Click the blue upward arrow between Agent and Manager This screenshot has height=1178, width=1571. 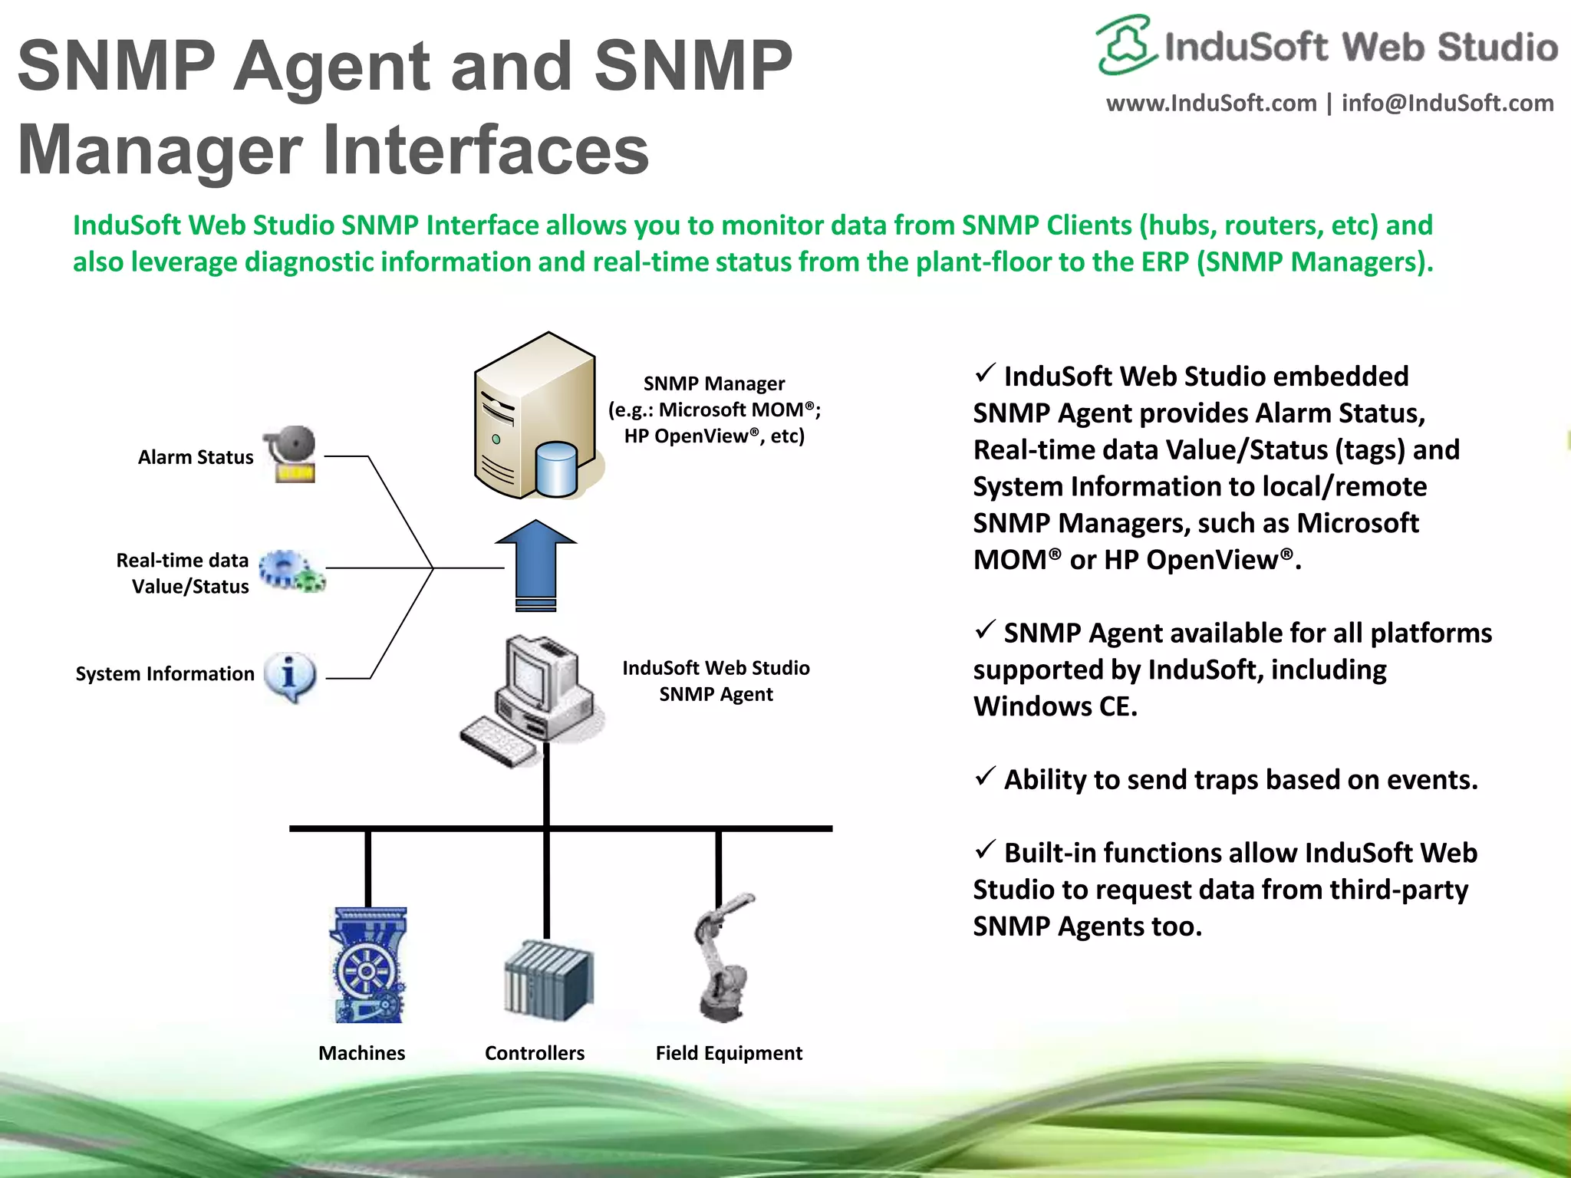[x=535, y=564]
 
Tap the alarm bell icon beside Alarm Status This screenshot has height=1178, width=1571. [x=291, y=453]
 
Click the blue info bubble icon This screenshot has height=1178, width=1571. [x=290, y=676]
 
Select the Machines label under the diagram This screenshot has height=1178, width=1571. [x=361, y=1053]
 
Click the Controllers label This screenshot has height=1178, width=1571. [x=534, y=1053]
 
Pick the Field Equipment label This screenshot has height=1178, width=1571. [x=729, y=1053]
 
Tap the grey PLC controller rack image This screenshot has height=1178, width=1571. [x=548, y=981]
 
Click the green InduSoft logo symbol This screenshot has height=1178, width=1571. [x=1125, y=44]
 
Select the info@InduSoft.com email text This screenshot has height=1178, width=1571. [x=1447, y=104]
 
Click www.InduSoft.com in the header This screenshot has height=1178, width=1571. [x=1210, y=104]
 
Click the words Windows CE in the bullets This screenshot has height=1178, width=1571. [x=1055, y=706]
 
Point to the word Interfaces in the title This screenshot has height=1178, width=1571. [x=486, y=150]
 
